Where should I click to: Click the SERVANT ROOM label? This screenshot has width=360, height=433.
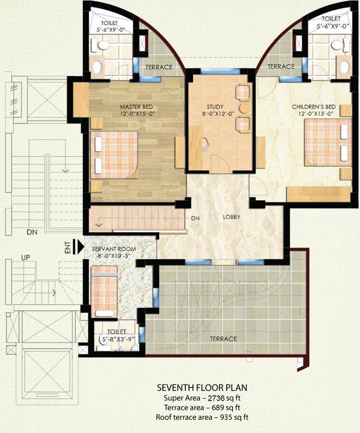point(113,248)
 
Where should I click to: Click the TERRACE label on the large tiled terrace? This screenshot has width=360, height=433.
point(223,339)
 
